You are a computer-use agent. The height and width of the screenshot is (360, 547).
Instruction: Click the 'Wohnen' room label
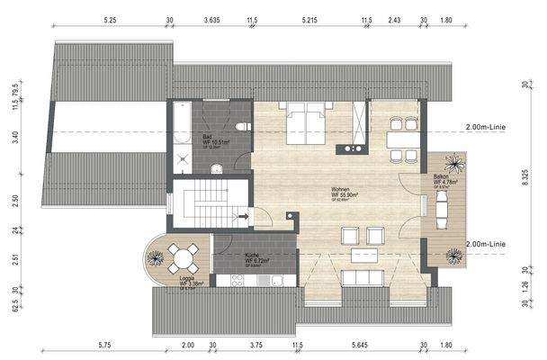pos(344,191)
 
